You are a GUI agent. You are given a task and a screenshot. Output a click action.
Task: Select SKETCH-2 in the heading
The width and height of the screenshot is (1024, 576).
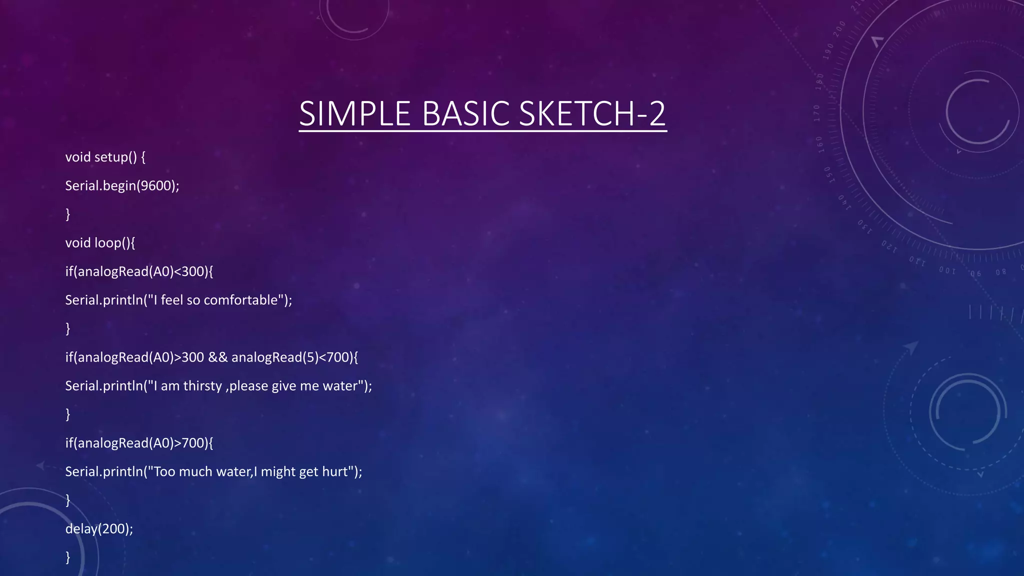(592, 113)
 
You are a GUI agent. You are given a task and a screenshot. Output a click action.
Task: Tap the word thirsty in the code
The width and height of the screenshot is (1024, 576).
(202, 386)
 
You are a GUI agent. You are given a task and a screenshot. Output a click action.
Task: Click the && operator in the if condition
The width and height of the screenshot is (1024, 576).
(217, 357)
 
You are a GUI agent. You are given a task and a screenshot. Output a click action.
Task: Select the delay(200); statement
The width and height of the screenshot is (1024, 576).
(99, 529)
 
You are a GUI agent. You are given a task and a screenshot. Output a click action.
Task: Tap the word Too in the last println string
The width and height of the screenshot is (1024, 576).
(164, 471)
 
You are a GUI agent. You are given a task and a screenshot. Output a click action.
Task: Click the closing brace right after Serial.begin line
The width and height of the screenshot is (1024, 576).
(68, 214)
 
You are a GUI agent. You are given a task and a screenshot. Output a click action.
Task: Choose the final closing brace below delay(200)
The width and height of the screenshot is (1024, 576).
(68, 557)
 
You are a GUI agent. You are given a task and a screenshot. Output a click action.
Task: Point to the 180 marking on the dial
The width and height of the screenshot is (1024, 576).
(819, 81)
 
